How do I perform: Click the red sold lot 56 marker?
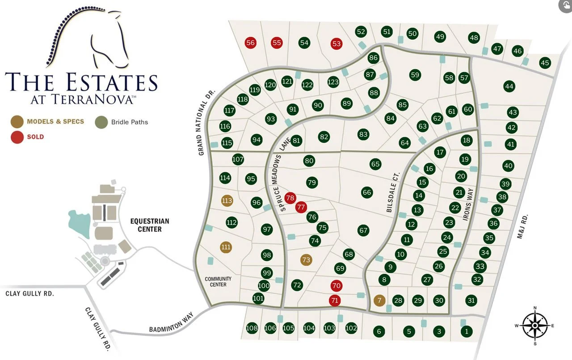coord(250,43)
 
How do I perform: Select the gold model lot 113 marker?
coord(227,201)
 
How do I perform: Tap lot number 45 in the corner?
coord(545,63)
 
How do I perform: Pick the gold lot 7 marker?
coord(379,300)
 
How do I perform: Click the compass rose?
coord(534,325)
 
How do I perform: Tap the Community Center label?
coord(218,282)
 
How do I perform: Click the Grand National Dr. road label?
coord(206,122)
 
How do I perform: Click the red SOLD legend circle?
coord(17,137)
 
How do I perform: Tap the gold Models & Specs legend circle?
coord(17,121)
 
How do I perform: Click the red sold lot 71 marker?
coord(335,301)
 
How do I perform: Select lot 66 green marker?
coord(367,193)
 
